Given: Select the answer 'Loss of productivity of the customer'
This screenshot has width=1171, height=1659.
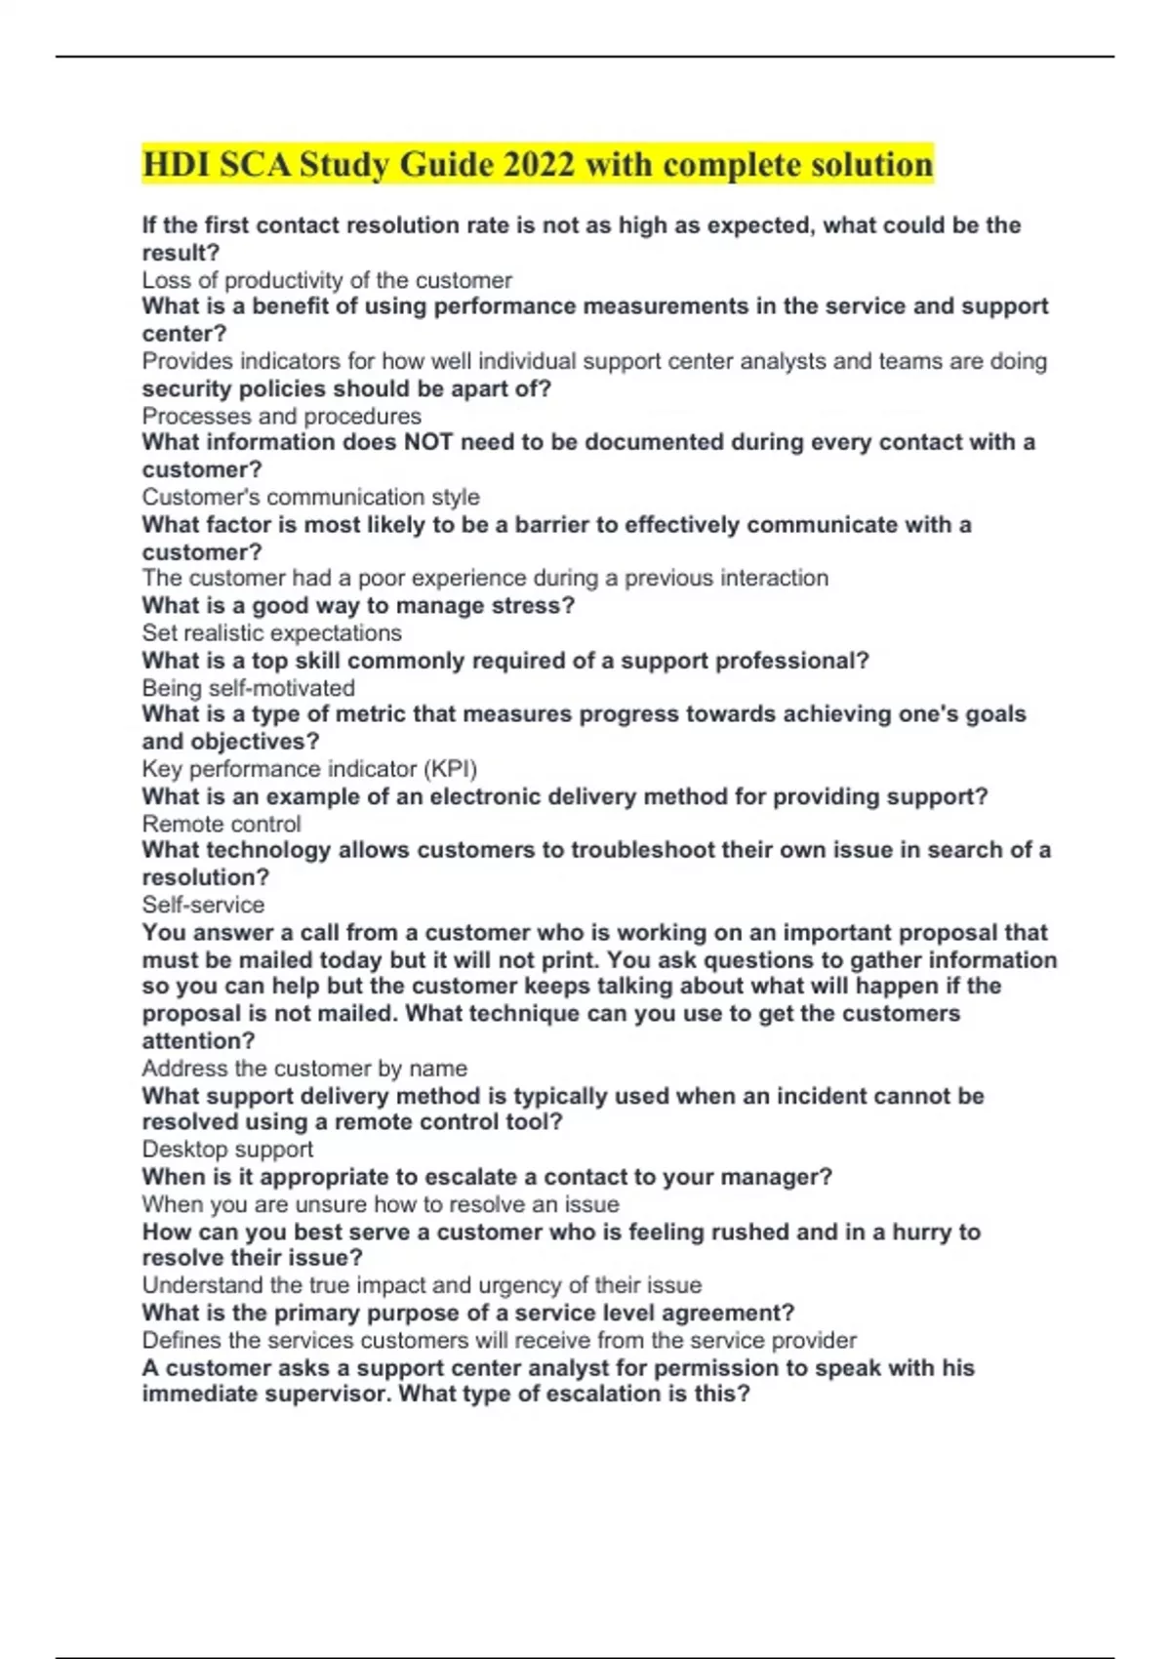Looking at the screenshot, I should coord(326,280).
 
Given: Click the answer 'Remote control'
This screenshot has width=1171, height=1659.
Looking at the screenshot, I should coord(221,824).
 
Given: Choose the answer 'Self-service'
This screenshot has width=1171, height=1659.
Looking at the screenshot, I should coord(203,905).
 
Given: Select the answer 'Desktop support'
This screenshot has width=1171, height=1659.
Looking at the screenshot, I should coord(227,1149).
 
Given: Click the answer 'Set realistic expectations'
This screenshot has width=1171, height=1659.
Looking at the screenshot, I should coord(271,632).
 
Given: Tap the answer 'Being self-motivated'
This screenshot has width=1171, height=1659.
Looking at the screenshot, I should coord(248,688).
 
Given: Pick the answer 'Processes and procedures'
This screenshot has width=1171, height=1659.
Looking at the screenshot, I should coord(281,416).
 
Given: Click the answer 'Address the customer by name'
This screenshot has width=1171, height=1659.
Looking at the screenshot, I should coord(304,1068).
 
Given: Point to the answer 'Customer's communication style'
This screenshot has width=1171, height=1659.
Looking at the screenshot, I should coord(310,497).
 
